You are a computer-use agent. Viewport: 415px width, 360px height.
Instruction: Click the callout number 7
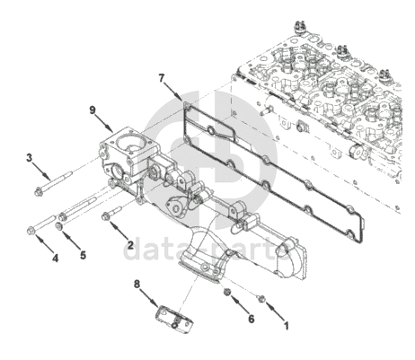162,78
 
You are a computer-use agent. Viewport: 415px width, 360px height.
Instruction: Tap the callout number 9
93,110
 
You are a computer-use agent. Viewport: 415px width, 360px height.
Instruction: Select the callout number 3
29,157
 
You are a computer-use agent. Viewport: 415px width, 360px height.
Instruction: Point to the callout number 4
55,258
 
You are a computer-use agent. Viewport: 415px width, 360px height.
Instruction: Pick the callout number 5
83,255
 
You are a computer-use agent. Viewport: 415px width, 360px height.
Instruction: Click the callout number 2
130,245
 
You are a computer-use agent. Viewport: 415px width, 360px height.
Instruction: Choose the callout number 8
137,284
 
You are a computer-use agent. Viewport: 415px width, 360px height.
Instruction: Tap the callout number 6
252,319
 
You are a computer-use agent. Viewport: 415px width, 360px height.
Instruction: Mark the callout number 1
286,326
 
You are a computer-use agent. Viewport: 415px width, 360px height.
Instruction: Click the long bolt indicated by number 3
54,183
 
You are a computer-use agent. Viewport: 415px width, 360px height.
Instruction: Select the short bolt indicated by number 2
111,212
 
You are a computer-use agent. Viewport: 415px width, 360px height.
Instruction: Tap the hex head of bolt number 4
31,231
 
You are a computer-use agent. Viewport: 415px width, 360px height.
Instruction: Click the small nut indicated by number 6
227,292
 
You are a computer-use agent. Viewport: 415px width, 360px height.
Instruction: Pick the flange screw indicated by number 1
260,298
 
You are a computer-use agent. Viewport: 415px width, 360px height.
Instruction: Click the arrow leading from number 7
173,91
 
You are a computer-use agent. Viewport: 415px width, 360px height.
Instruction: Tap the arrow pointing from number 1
275,312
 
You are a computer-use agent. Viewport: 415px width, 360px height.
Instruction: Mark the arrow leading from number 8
149,298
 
